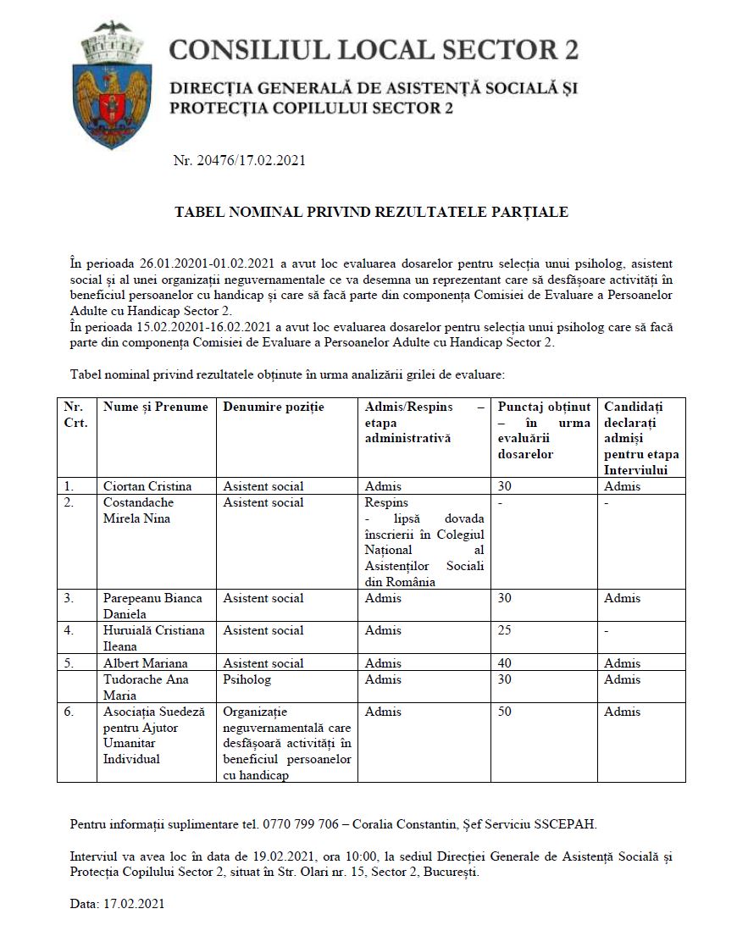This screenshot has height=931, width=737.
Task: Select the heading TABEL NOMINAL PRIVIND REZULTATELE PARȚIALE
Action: (371, 212)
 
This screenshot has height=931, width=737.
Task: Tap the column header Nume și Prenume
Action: (155, 407)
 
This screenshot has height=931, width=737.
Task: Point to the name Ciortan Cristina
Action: (147, 486)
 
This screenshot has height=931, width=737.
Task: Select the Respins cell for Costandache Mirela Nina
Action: (386, 502)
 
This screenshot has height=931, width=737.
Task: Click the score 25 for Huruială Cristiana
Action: (505, 630)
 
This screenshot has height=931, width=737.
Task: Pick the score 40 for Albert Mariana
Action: (505, 663)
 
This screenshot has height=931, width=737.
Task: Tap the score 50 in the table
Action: (505, 712)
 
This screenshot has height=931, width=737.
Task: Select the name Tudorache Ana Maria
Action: (146, 687)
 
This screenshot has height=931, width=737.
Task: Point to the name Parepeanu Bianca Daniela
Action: (152, 606)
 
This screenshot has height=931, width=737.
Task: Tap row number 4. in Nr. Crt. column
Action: (69, 630)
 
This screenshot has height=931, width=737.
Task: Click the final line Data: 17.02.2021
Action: (117, 904)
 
